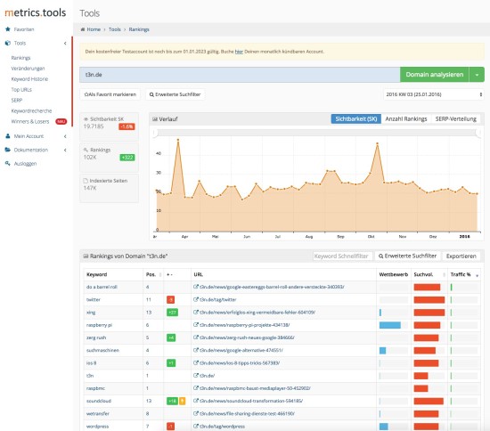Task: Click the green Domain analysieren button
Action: (436, 75)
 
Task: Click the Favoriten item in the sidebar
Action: (25, 28)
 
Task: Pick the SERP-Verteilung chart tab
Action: (456, 118)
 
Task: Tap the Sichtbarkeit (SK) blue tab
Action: (355, 118)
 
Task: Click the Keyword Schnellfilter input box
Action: (342, 256)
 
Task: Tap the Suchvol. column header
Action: (424, 275)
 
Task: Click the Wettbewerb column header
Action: (392, 275)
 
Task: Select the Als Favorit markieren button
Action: (110, 94)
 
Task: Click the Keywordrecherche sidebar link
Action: (31, 111)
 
